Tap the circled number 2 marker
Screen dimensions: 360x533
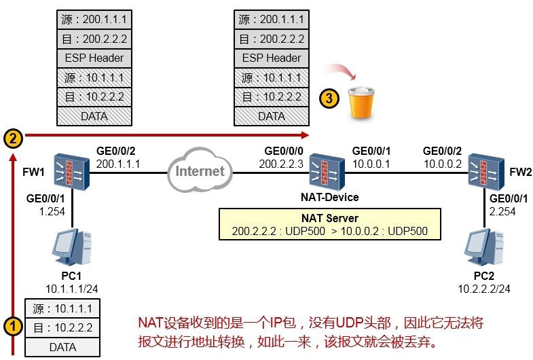[12, 139]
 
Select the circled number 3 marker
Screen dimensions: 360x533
[329, 98]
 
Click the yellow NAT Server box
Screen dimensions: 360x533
[329, 225]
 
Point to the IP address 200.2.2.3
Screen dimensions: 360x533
[281, 164]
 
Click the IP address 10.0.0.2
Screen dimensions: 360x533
[442, 164]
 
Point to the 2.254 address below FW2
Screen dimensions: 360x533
[502, 211]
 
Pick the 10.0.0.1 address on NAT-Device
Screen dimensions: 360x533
[371, 164]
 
